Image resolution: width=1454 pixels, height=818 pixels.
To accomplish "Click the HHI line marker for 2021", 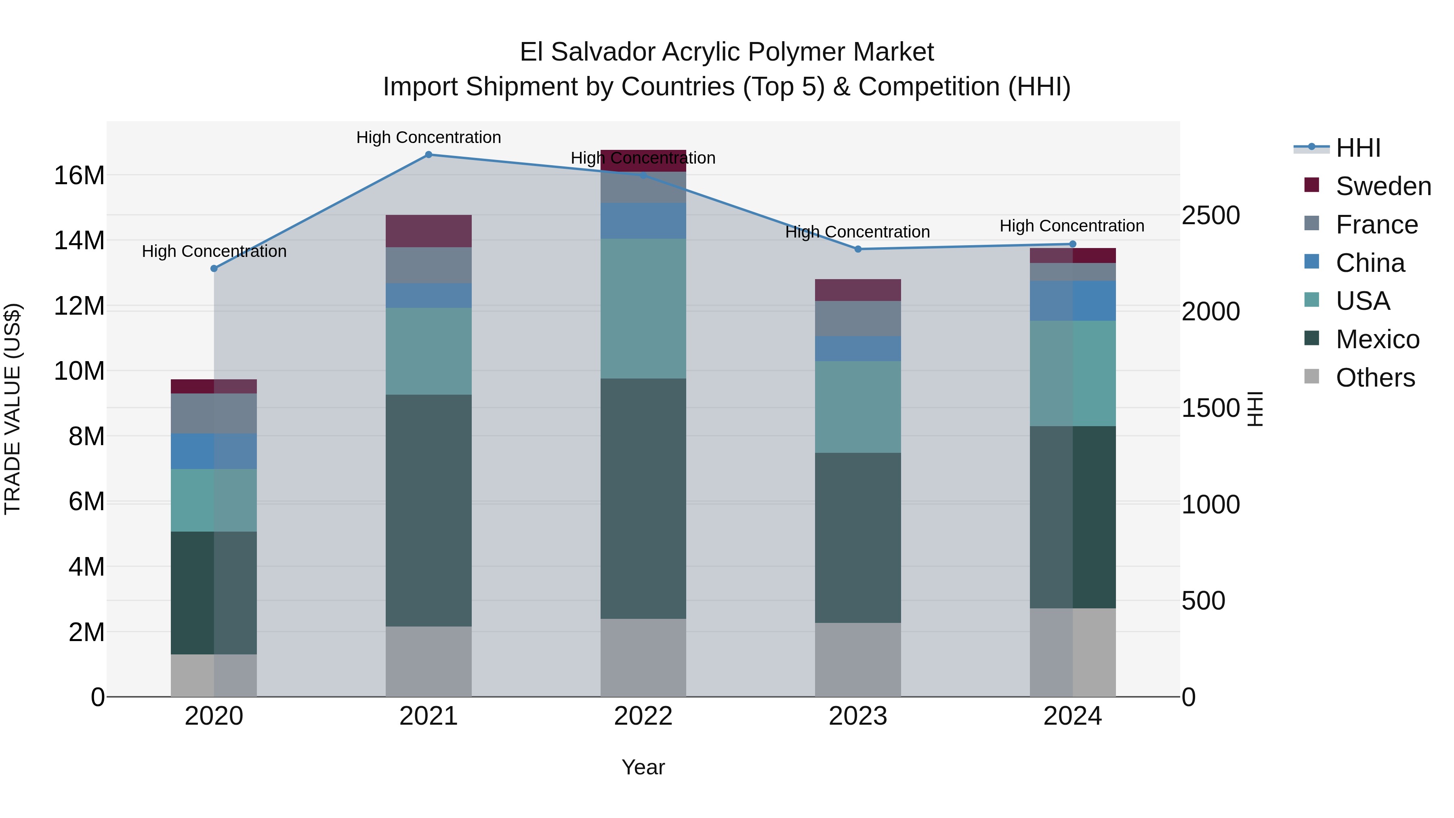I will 429,155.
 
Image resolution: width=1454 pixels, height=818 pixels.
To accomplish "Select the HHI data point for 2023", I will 858,249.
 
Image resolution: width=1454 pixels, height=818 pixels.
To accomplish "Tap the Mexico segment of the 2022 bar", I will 643,498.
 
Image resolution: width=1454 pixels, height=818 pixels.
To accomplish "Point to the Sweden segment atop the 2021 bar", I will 429,231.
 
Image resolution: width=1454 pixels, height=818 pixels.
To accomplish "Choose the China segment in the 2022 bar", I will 643,221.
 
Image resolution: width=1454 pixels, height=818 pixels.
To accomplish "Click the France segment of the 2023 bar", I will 858,318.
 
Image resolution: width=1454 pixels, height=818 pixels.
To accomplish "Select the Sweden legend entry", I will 1383,186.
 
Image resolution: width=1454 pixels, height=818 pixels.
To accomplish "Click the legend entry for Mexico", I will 1377,339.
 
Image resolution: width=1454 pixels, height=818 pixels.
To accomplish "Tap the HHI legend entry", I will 1358,148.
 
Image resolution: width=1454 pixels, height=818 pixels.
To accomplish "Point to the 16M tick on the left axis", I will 79,176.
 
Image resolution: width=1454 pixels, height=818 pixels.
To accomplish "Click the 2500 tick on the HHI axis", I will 1211,216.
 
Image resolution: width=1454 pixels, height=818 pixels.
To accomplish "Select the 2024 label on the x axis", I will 1072,716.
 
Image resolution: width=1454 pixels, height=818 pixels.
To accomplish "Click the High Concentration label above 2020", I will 214,251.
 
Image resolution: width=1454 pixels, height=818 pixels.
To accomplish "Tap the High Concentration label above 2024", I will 1072,226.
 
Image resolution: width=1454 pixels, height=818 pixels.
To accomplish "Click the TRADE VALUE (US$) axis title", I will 13,409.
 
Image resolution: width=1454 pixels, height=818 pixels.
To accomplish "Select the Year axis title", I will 643,767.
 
